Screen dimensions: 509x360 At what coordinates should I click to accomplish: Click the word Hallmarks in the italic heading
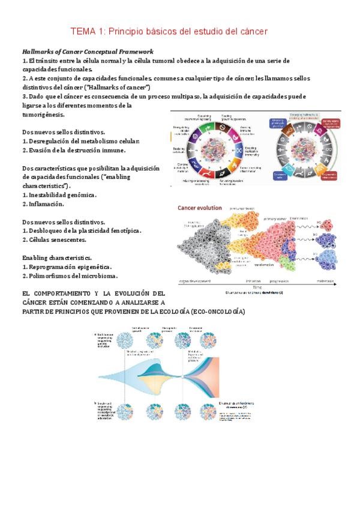pyautogui.click(x=41, y=52)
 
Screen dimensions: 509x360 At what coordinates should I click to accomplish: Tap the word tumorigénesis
pyautogui.click(x=43, y=114)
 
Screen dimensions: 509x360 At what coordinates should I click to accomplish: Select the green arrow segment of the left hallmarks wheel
pyautogui.click(x=207, y=128)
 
